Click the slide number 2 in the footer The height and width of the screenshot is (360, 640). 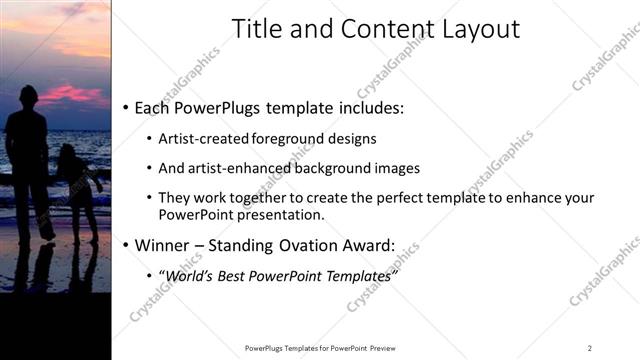[590, 348]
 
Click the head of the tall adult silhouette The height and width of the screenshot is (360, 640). [27, 98]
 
